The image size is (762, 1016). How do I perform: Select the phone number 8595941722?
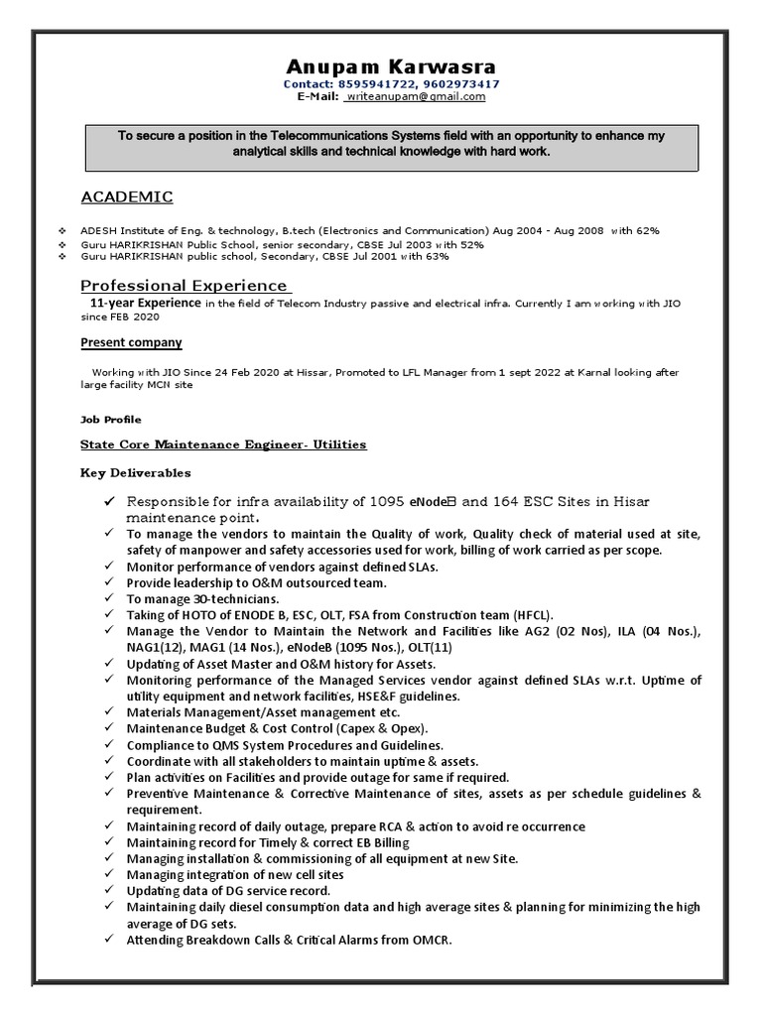point(374,84)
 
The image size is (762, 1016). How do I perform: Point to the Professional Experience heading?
point(185,286)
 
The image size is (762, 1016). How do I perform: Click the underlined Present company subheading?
point(131,342)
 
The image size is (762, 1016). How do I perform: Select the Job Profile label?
point(110,420)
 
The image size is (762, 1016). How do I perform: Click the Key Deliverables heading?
point(136,473)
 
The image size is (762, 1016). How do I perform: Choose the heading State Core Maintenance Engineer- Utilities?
point(223,444)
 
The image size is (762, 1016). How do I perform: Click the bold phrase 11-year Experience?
point(146,303)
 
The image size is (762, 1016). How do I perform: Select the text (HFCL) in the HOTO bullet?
point(531,615)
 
